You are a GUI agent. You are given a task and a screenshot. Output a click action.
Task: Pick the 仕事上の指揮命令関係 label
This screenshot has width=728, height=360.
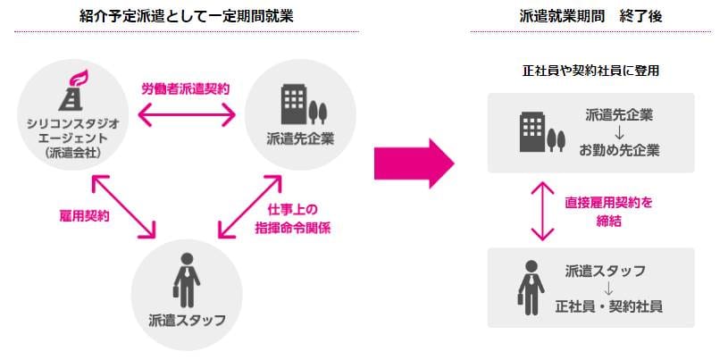(x=299, y=219)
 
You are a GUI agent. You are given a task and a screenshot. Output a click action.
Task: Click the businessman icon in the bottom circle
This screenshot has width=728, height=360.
(x=187, y=282)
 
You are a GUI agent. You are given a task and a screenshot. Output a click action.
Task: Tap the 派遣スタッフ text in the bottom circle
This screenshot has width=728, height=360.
(x=187, y=319)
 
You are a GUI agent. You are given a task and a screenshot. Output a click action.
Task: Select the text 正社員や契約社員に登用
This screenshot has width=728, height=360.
(x=590, y=70)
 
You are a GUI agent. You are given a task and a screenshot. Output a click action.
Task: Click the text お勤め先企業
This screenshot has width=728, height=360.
(x=619, y=149)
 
